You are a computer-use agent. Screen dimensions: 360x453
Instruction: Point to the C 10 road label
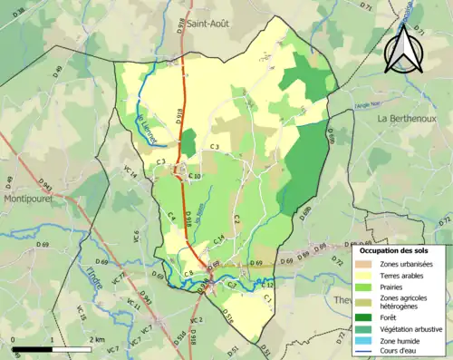(x=196, y=175)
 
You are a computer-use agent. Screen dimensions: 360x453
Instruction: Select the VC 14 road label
(x=130, y=171)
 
